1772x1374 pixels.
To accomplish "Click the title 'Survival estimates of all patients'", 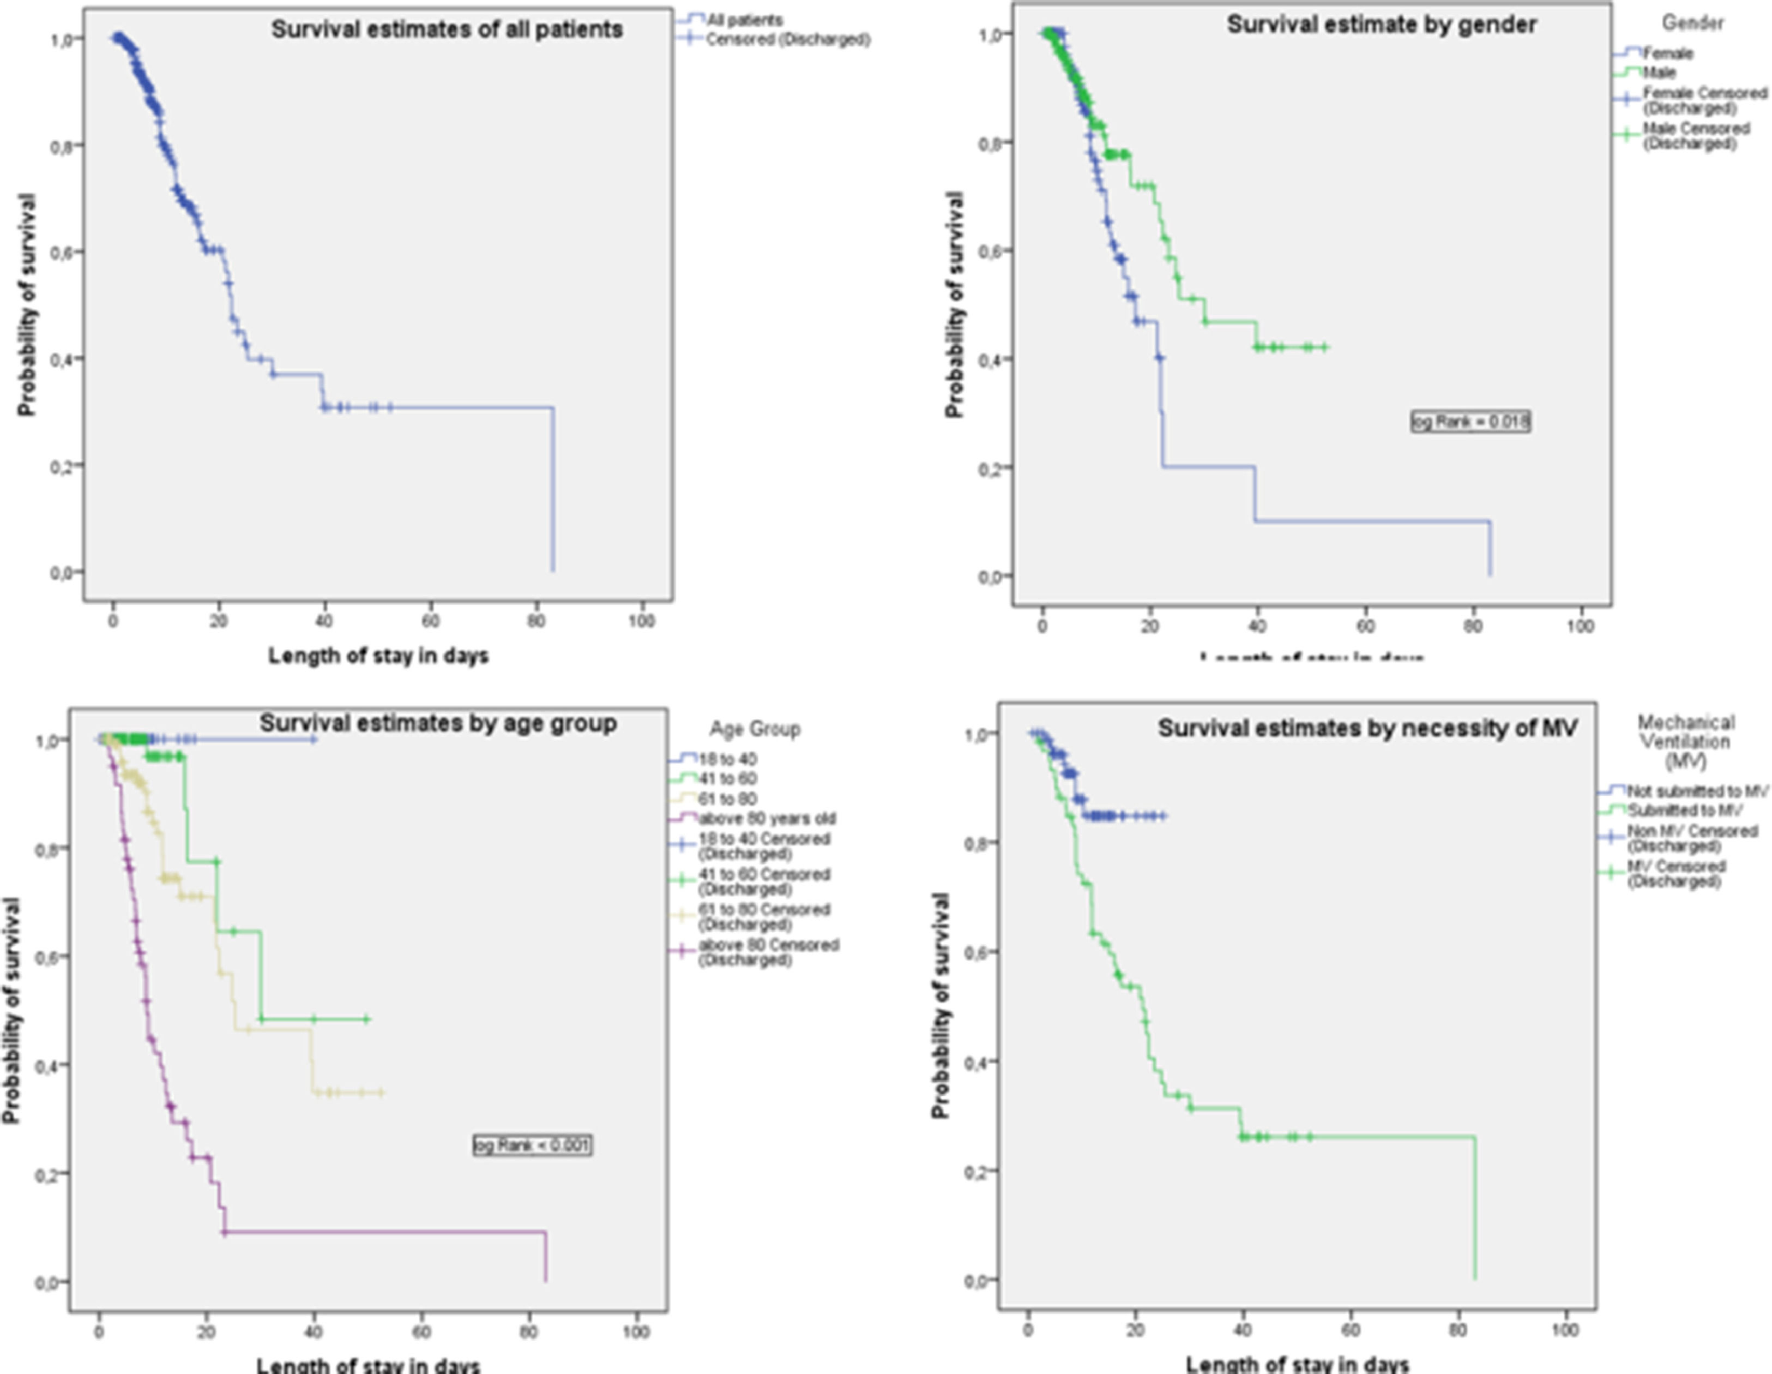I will [x=446, y=30].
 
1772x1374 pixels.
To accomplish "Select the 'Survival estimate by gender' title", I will [x=1381, y=25].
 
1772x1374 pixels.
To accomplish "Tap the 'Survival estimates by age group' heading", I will [x=438, y=723].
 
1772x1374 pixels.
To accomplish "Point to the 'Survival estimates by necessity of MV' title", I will [x=1367, y=728].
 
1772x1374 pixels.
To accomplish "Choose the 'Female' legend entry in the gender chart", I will [x=1667, y=53].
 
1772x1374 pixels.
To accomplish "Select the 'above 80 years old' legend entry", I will [x=766, y=818].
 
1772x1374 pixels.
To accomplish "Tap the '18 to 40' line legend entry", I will [x=728, y=760].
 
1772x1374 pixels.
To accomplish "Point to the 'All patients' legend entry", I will [x=744, y=20].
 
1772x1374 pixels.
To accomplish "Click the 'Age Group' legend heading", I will [x=755, y=729].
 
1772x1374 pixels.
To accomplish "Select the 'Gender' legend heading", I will [x=1692, y=23].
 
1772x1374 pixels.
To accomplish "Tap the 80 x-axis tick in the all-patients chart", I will [x=537, y=622].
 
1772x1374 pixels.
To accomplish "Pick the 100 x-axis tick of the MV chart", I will [x=1564, y=1330].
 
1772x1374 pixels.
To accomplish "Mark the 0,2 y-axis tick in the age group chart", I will [x=49, y=1173].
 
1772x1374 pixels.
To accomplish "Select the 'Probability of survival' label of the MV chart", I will [x=941, y=1006].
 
